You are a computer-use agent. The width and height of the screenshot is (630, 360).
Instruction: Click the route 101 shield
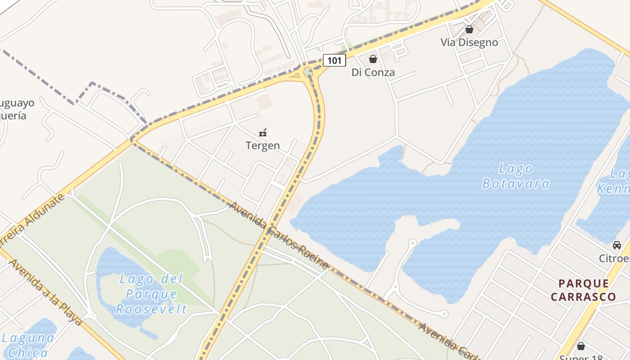click(334, 60)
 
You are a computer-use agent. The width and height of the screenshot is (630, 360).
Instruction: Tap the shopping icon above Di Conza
click(373, 59)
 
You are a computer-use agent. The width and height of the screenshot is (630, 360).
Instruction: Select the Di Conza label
click(373, 72)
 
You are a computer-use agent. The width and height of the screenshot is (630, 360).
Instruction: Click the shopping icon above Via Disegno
click(469, 30)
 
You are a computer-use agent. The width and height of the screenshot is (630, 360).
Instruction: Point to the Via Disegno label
click(469, 42)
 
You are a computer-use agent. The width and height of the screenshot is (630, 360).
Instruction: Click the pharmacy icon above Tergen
click(263, 133)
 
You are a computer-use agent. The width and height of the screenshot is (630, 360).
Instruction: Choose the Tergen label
click(263, 145)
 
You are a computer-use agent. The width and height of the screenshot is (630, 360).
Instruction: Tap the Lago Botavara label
click(516, 176)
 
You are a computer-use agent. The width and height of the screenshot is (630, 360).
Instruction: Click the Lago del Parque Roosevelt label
click(151, 294)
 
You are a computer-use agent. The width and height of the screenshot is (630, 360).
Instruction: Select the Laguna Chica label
click(28, 345)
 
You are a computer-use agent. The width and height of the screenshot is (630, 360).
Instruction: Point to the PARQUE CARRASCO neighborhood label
click(583, 290)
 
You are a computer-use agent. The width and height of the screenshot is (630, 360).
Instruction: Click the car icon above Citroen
click(616, 245)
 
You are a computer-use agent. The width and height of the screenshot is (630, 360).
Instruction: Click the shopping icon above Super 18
click(581, 346)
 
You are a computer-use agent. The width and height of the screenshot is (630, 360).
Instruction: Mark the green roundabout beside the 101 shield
click(308, 72)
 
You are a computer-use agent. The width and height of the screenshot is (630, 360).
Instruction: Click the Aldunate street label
click(38, 218)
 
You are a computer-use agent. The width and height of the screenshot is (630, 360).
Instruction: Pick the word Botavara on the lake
click(516, 184)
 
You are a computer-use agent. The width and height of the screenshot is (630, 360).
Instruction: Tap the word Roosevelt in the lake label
click(151, 309)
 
